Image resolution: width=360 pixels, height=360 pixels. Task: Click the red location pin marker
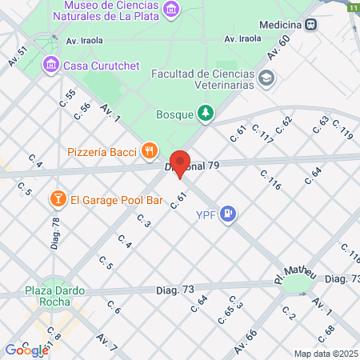(x=181, y=163)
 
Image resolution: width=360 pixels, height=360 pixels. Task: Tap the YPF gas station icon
(x=230, y=213)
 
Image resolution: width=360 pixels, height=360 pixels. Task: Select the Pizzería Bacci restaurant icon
(x=149, y=150)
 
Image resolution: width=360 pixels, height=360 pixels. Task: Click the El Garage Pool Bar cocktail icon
(x=58, y=198)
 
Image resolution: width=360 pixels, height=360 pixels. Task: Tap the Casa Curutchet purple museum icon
(x=51, y=64)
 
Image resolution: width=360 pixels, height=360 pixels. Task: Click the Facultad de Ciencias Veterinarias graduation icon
(x=266, y=78)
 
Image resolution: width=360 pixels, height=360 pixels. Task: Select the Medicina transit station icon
(x=318, y=23)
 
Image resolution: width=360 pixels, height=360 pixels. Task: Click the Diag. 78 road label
(x=56, y=232)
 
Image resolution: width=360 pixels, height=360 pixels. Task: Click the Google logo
(x=26, y=350)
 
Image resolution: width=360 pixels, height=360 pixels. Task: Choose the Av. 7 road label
(x=107, y=342)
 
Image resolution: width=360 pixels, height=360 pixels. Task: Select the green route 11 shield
(x=353, y=6)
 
